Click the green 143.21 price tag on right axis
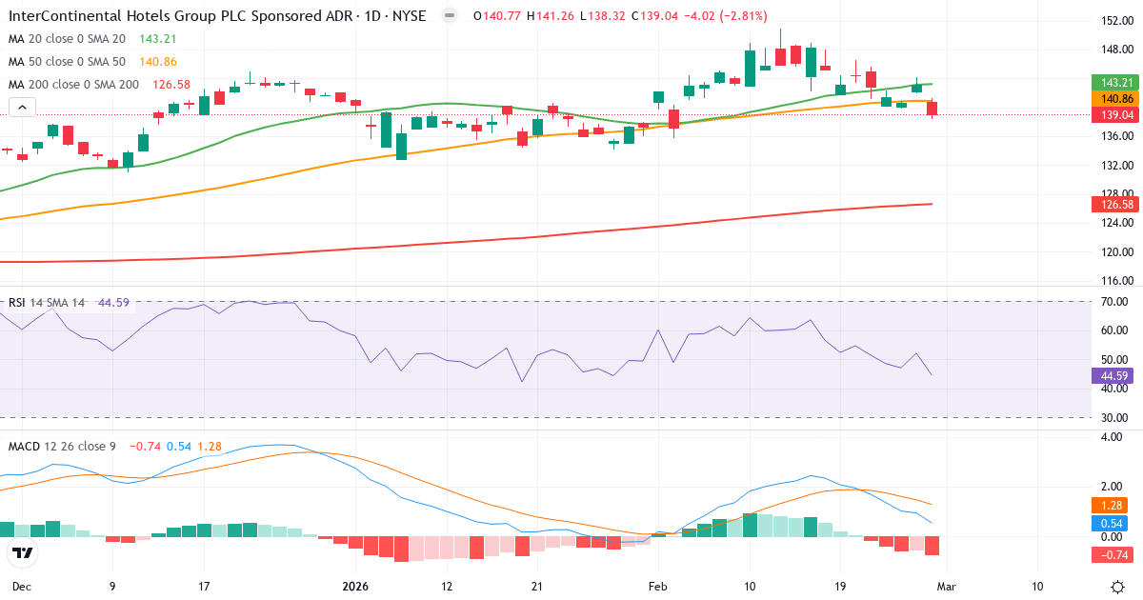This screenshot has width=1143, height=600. click(1113, 83)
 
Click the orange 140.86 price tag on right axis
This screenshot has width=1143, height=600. click(1113, 99)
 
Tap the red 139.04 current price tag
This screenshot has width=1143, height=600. click(1113, 114)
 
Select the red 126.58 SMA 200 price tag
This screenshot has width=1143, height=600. click(1113, 205)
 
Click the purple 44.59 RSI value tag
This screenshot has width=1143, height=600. click(1113, 375)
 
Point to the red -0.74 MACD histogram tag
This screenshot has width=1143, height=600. click(1113, 555)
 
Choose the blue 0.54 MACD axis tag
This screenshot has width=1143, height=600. click(1113, 523)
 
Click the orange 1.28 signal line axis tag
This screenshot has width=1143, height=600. click(1113, 505)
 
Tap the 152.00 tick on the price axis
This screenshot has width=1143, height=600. click(1113, 21)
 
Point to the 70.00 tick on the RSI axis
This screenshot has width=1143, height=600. click(1113, 302)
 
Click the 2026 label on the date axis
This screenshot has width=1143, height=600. click(354, 586)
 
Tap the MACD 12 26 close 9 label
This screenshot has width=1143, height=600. click(62, 446)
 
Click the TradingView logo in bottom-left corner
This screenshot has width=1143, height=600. click(22, 552)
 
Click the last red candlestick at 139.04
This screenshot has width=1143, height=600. click(932, 109)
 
